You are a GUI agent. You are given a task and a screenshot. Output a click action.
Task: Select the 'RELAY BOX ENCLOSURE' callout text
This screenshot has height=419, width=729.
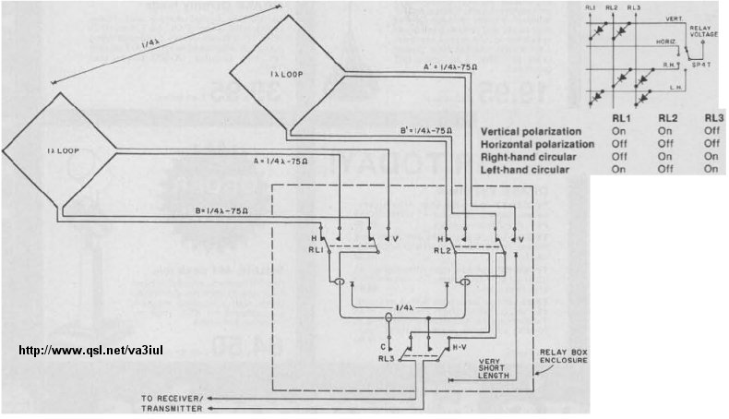click(x=566, y=357)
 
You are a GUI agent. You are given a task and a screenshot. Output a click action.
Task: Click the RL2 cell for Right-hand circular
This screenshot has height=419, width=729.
click(x=666, y=157)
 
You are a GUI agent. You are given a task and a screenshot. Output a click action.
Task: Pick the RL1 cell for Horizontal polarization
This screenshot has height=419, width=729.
click(x=619, y=144)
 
